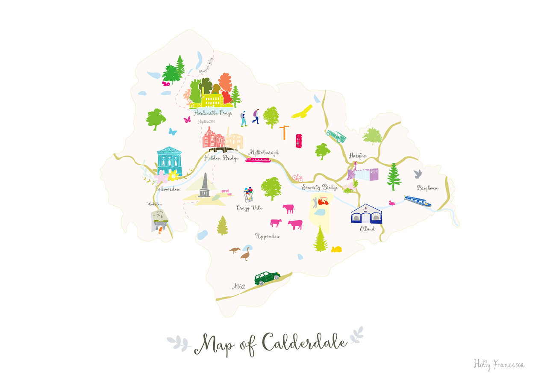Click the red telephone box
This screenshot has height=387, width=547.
click(299, 141)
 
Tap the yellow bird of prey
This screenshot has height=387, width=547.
click(302, 112)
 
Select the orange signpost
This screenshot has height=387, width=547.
click(284, 132)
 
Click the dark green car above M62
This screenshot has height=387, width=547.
click(267, 278)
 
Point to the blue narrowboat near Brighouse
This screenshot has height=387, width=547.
click(418, 201)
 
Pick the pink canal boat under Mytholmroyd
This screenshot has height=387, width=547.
click(258, 160)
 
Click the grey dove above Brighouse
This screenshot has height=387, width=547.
click(418, 174)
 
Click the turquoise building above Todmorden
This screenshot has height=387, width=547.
click(169, 161)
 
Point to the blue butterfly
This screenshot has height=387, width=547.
click(172, 132)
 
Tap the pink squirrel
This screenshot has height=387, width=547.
click(166, 84)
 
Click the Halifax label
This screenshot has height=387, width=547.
click(358, 156)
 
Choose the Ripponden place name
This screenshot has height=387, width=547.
click(267, 236)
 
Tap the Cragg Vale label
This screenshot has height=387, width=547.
click(249, 208)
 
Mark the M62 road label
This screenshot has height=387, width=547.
click(238, 287)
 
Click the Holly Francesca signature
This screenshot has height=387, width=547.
click(499, 364)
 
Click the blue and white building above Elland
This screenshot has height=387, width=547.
click(366, 214)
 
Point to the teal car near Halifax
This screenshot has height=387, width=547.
click(336, 136)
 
